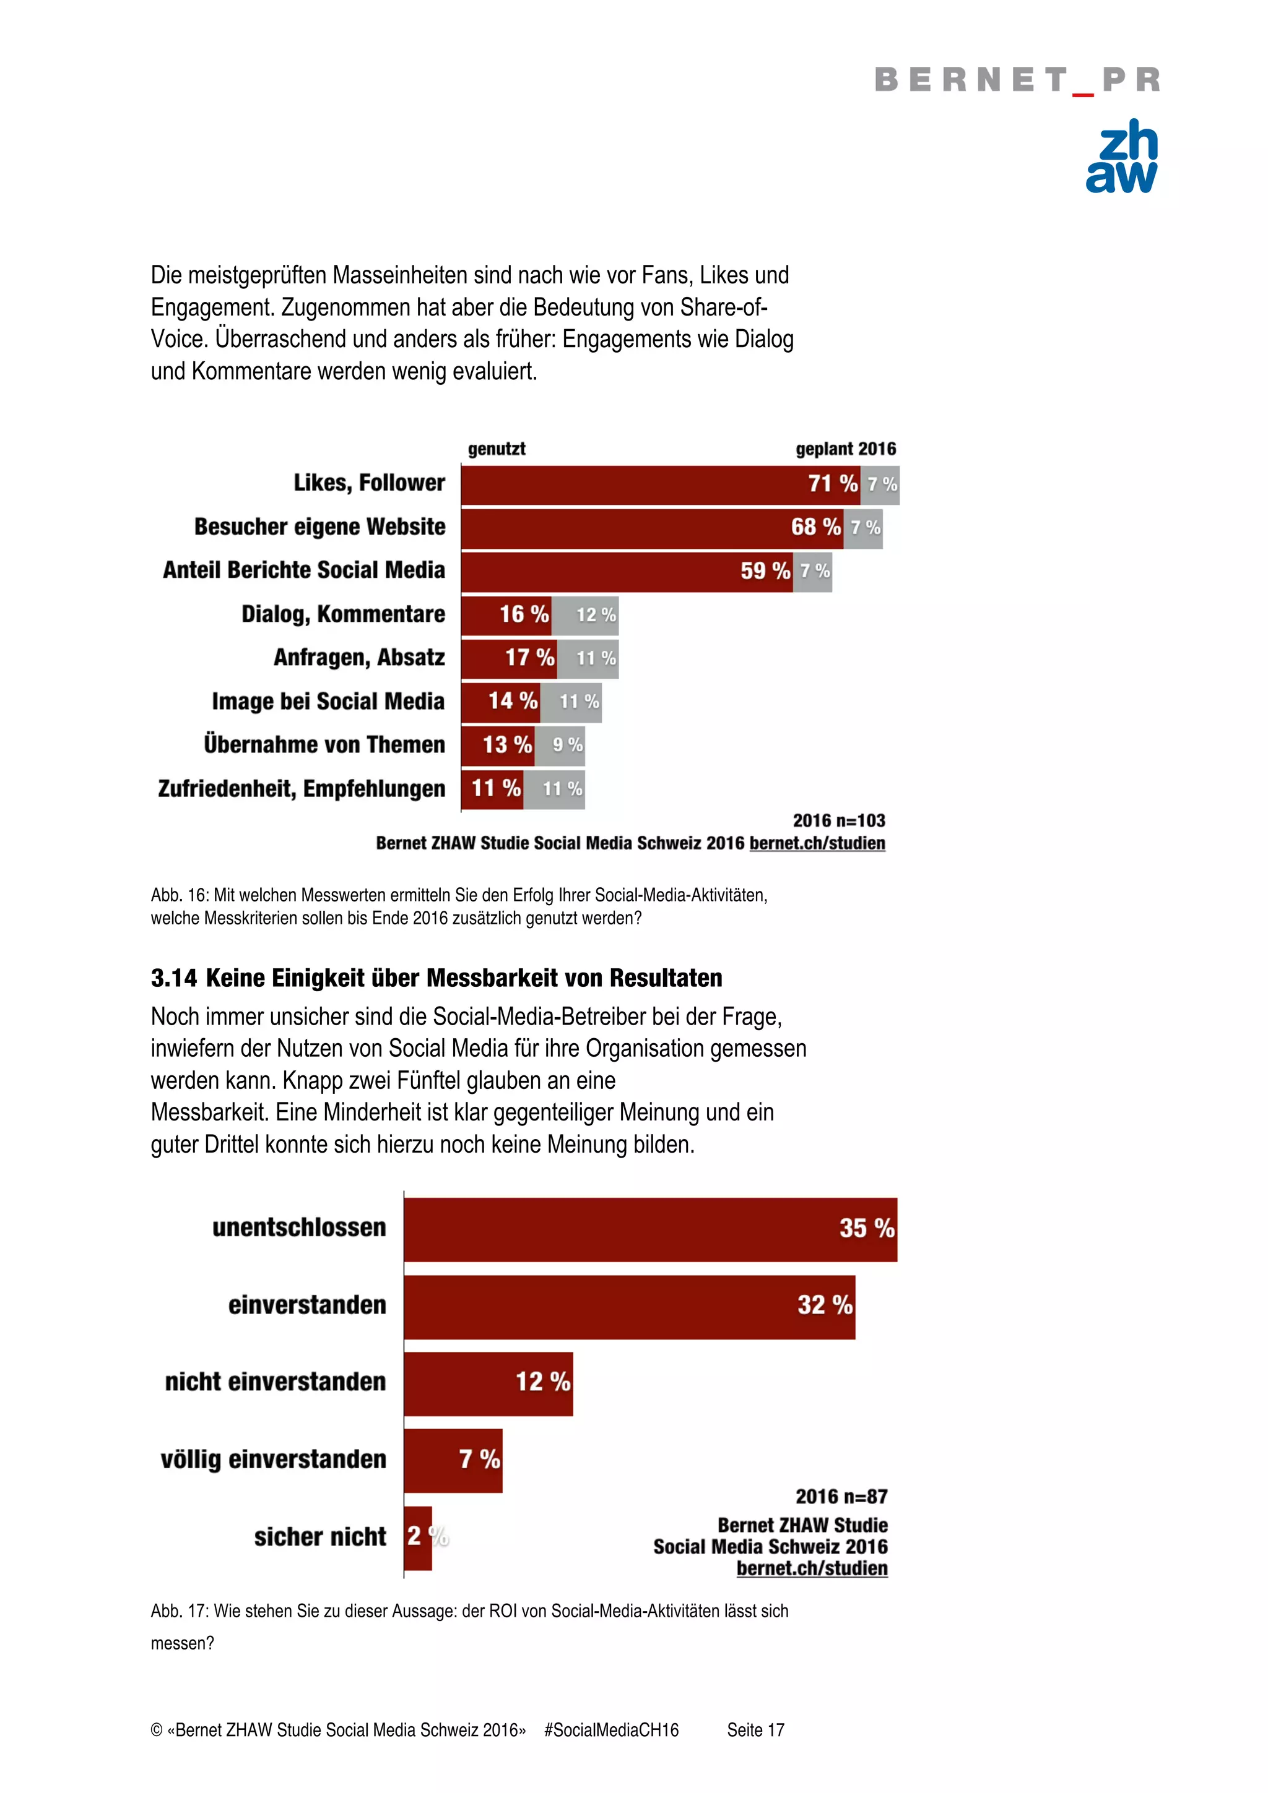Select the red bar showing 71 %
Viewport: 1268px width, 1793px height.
coord(659,485)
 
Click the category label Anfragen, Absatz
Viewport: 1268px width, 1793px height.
coord(358,658)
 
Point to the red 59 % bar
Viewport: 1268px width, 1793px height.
coord(627,572)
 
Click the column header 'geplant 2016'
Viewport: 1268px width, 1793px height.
coord(845,449)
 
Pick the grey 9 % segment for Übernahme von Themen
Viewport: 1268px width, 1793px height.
coord(560,745)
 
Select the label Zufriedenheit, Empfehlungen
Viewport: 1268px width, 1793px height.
coord(302,789)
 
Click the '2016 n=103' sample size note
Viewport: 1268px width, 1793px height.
coord(838,820)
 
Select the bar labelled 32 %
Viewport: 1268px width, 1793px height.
coord(629,1305)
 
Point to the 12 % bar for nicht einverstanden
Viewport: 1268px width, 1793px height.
coord(489,1383)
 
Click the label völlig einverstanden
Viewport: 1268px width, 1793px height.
coord(274,1459)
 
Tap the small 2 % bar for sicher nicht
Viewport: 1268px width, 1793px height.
coord(418,1537)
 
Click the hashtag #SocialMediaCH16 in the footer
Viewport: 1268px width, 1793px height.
coord(611,1730)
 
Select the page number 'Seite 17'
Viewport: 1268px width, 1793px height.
coord(755,1730)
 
